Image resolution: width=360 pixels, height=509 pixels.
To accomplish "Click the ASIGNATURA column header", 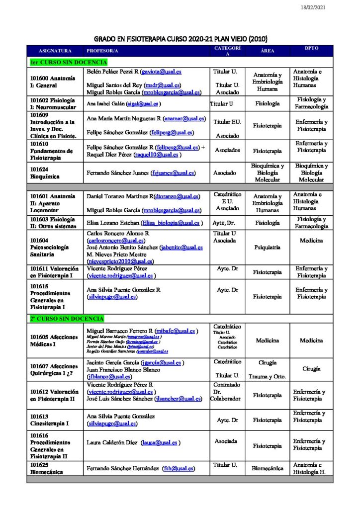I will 55,51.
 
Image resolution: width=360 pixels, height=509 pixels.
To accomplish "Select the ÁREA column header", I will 267,51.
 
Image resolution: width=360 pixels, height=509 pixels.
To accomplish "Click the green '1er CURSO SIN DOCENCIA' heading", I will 69,62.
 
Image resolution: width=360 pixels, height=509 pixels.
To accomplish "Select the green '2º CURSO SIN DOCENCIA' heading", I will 67,318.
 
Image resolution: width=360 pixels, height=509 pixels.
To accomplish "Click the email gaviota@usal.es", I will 159,72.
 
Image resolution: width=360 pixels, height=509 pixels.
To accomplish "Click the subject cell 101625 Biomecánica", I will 47,468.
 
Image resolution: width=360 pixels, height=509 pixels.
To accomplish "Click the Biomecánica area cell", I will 267,468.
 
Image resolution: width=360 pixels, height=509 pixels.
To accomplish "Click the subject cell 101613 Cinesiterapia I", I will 50,420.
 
